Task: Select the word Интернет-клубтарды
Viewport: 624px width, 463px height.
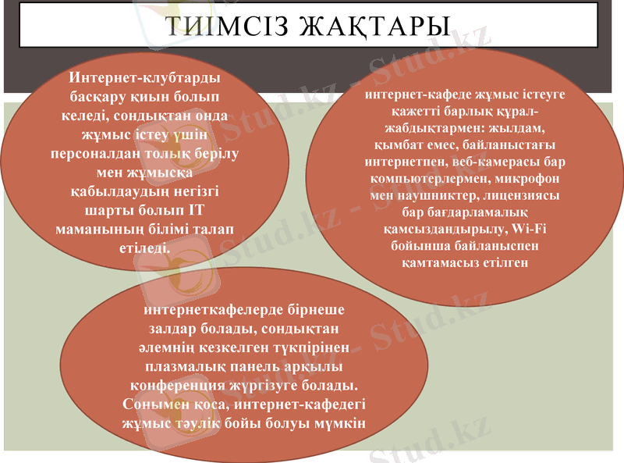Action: coord(144,79)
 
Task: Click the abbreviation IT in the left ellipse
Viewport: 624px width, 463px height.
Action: coord(204,211)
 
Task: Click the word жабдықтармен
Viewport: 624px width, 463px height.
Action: coord(418,128)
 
